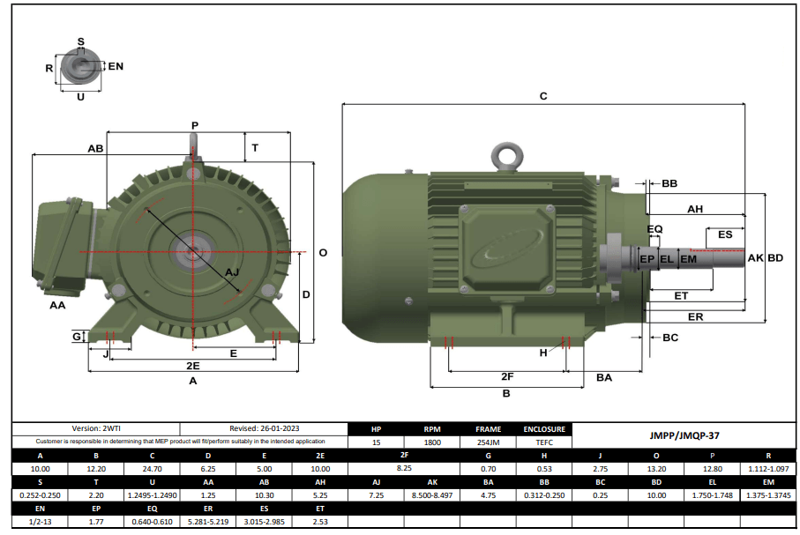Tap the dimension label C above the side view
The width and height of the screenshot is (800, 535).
(x=543, y=96)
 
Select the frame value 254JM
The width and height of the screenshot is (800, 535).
(x=488, y=442)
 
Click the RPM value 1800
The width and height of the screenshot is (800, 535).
(x=432, y=442)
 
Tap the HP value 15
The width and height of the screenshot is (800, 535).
(x=377, y=442)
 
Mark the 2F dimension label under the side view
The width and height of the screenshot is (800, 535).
(x=506, y=376)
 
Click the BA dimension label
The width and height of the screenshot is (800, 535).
(x=604, y=377)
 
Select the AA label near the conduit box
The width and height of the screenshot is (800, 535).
(x=58, y=305)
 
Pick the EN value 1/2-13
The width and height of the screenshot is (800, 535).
(x=41, y=522)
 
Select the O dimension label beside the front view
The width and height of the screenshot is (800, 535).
(x=323, y=252)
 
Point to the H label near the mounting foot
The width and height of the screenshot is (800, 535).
(x=543, y=353)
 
